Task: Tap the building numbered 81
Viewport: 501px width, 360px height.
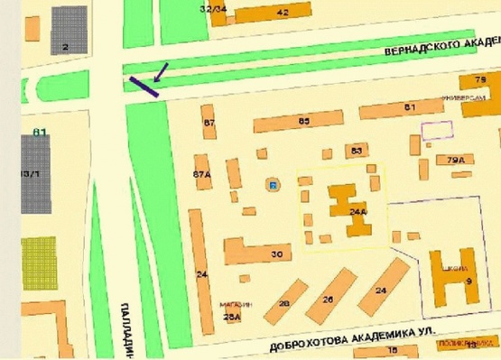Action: click(410, 109)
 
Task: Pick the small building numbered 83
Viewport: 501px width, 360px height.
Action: click(357, 150)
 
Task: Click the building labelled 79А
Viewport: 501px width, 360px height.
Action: click(455, 160)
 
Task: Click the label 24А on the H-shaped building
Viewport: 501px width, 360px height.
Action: click(357, 212)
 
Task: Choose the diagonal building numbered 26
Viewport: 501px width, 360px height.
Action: click(328, 298)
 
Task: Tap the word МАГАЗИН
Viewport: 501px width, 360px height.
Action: click(236, 304)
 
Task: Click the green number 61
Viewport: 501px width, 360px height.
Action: click(39, 133)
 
